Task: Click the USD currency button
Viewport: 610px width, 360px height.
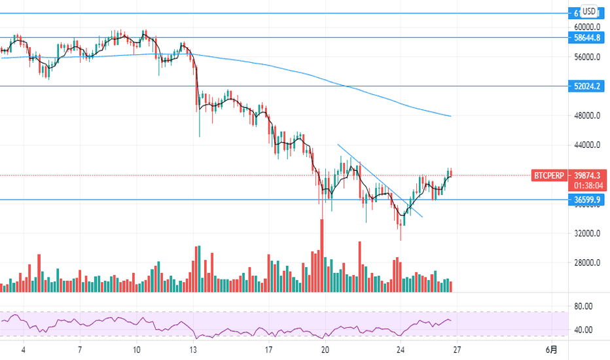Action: (589, 12)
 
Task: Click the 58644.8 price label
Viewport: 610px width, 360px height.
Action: (587, 38)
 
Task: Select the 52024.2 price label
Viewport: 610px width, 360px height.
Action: (587, 86)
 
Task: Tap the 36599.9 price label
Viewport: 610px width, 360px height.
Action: (587, 200)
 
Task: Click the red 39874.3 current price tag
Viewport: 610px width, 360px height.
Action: (587, 175)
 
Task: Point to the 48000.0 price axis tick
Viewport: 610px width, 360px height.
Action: (587, 116)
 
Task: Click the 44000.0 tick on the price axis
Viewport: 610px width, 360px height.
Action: (587, 145)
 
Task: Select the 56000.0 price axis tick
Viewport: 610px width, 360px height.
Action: (587, 57)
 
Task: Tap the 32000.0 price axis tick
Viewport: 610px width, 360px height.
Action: (587, 234)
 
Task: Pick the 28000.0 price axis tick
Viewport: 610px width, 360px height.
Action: (587, 263)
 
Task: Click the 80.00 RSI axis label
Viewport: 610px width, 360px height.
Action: (583, 306)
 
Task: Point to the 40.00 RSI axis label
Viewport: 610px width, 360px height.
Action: (583, 330)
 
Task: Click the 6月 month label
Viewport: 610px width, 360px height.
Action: (552, 350)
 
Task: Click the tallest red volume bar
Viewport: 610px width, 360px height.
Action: (322, 255)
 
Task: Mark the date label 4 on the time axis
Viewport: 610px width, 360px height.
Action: (23, 350)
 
